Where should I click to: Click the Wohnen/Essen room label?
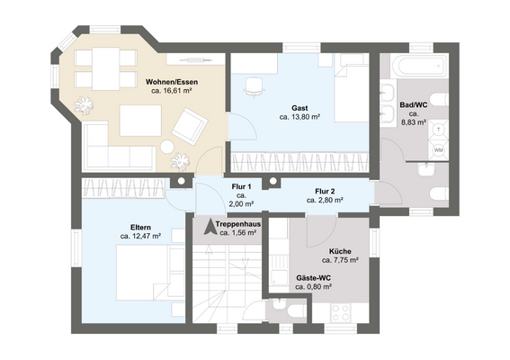(172, 82)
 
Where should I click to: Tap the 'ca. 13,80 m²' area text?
(300, 116)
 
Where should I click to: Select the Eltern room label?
(140, 227)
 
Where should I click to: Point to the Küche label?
(340, 251)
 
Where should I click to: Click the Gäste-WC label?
(314, 278)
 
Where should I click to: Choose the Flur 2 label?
(325, 191)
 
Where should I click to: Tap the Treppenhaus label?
(237, 224)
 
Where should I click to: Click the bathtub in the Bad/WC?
(419, 66)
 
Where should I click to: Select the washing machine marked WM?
(438, 150)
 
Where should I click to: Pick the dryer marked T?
(438, 130)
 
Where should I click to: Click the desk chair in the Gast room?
(254, 87)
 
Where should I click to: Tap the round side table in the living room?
(167, 147)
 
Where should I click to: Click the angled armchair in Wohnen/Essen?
(190, 126)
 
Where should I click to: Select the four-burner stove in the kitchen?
(340, 313)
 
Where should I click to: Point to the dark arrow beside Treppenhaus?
(210, 227)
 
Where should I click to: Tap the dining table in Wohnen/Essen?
(105, 68)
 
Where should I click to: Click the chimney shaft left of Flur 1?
(181, 181)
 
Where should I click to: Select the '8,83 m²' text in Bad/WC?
(413, 122)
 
